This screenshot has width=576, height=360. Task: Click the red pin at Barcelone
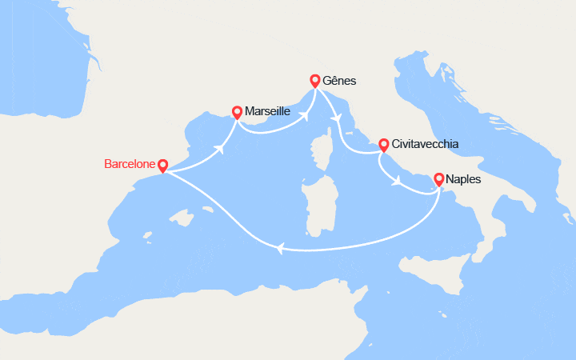pyautogui.click(x=163, y=166)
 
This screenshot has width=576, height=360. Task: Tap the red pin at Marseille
pyautogui.click(x=237, y=112)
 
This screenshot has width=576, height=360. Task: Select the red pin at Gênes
pyautogui.click(x=315, y=80)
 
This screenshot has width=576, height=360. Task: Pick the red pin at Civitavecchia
pyautogui.click(x=384, y=144)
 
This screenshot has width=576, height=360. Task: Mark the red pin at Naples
pyautogui.click(x=439, y=178)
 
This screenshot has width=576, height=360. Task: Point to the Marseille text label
pyautogui.click(x=269, y=112)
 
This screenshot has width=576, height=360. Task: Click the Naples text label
pyautogui.click(x=465, y=179)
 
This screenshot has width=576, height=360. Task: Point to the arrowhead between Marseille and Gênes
pyautogui.click(x=304, y=113)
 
